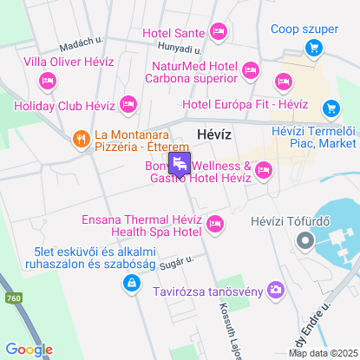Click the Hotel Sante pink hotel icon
217,33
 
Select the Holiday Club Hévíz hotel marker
128,105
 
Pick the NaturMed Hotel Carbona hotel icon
250,69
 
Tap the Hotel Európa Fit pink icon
282,82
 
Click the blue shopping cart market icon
331,108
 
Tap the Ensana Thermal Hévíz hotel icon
215,225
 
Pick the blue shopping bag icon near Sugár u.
129,282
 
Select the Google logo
29,350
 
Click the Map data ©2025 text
323,353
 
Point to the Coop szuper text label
304,29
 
